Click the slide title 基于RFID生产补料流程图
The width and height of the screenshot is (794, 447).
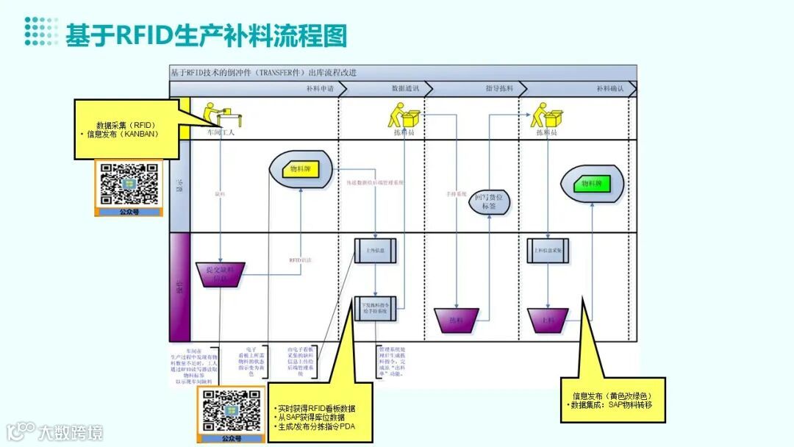pos(206,35)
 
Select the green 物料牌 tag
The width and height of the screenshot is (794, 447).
pos(592,184)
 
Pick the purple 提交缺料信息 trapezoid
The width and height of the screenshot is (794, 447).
pos(221,274)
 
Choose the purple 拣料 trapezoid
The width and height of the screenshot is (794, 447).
pos(457,320)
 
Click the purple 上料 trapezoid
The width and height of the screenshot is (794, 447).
pos(548,320)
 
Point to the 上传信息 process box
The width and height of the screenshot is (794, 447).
pos(376,251)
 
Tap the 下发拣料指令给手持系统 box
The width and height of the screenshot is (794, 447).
pos(376,308)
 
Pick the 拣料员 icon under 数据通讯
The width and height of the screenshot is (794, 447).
pos(404,115)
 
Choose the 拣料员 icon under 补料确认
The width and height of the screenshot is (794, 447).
pos(548,115)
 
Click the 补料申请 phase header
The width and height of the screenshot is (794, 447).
pos(320,88)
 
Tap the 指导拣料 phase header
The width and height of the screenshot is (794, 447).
pos(499,88)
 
